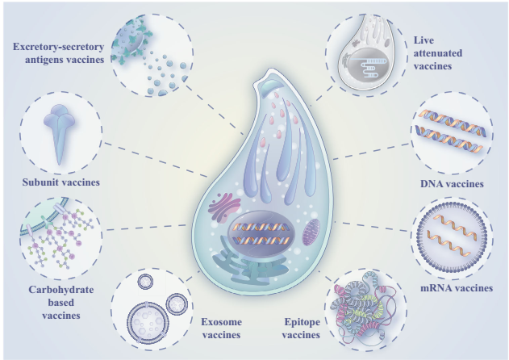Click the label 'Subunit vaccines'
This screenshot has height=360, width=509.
pos(61,182)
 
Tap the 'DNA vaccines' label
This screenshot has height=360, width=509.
pos(452,184)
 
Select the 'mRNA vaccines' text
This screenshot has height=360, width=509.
pos(457,288)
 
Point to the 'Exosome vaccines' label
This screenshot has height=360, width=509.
pos(221,329)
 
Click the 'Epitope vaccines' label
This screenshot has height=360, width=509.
pos(301,329)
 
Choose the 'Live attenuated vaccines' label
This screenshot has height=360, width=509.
pos(437,53)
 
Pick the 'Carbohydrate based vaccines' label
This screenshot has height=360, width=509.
pos(61,302)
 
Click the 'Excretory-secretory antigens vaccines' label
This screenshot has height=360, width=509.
pos(58,53)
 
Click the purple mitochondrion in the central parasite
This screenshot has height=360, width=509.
pos(311,232)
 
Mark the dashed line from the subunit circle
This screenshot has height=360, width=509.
pos(155,159)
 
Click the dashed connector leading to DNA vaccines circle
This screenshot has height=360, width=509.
pos(372,151)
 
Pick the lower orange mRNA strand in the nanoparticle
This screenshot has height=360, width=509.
pos(449,242)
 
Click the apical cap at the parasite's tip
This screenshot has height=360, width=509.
pos(269,86)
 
